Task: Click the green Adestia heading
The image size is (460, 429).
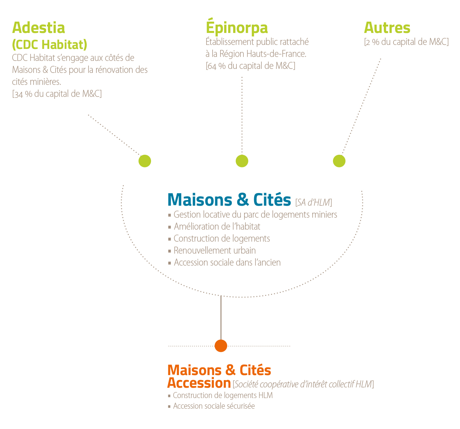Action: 39,28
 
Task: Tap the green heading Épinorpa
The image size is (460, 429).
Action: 237,26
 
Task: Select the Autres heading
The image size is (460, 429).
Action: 387,28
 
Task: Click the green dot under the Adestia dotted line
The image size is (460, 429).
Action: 145,161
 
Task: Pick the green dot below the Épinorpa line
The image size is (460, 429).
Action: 242,161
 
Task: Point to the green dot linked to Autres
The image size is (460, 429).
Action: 339,161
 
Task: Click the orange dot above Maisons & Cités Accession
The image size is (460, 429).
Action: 221,346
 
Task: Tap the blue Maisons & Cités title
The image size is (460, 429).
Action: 229,200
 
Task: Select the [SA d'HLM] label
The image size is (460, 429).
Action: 314,202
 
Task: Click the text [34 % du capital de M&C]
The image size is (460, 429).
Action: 57,94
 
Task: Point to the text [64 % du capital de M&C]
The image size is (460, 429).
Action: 250,66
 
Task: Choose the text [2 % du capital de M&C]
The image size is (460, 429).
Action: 406,42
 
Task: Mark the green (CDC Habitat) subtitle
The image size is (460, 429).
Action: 50,45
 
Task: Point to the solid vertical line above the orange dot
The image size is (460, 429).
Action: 221,318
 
